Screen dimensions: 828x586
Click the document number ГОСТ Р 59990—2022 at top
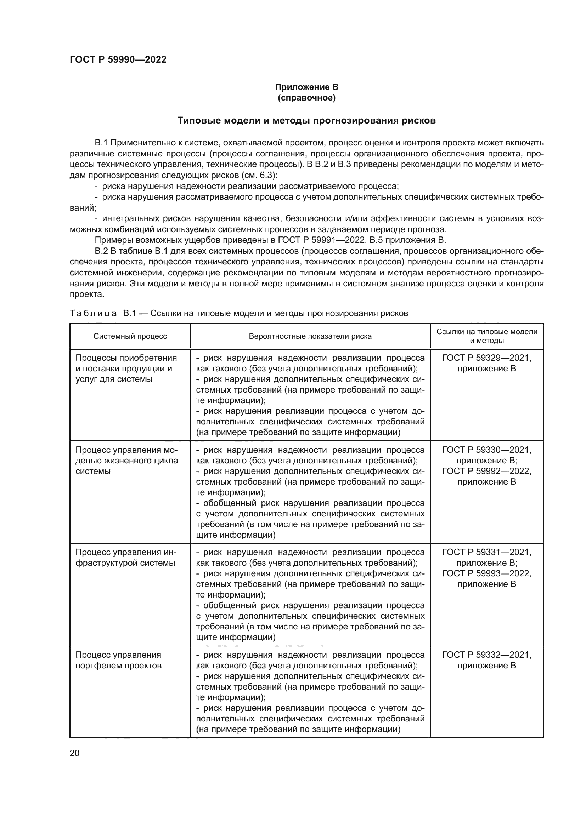118,59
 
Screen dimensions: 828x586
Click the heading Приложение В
306,87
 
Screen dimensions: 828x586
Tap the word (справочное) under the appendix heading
306,98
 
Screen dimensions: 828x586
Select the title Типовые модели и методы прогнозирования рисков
306,120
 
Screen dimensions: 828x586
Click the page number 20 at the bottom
74,753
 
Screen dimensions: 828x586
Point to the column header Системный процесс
130,336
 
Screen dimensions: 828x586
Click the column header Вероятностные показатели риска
310,336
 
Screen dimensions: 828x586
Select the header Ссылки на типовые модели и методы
487,336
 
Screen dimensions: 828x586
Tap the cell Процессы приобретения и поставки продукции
126,368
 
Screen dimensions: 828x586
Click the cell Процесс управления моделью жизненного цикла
126,461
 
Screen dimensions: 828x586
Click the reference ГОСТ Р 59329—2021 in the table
487,358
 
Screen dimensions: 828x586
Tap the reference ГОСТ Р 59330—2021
487,450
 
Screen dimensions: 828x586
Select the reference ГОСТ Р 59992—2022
487,471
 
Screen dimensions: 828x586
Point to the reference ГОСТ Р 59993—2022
487,573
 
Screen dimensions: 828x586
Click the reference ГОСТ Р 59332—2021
487,655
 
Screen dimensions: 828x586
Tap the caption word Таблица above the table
93,313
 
